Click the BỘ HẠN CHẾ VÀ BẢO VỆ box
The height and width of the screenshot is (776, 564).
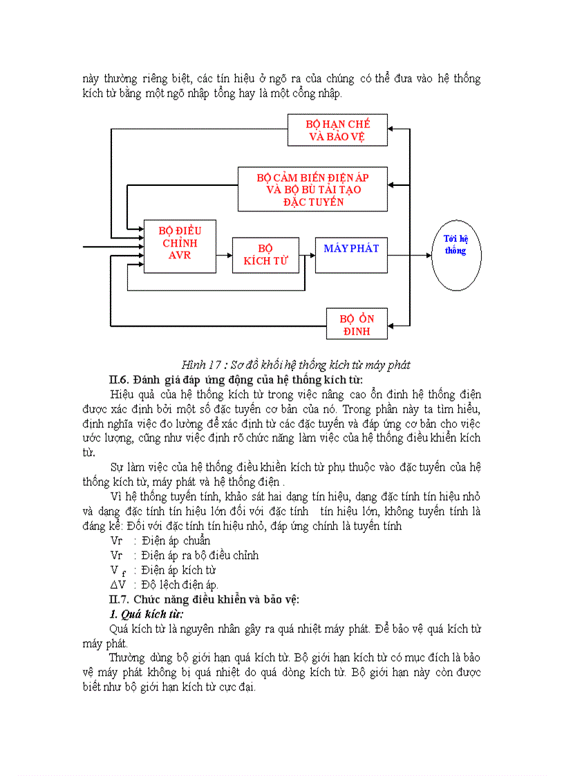click(337, 130)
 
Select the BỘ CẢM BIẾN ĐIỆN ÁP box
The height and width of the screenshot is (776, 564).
click(312, 189)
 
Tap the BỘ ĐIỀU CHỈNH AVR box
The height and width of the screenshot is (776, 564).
click(180, 246)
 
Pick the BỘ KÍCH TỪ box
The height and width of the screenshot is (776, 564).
click(265, 255)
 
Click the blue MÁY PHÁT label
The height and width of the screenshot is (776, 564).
click(351, 248)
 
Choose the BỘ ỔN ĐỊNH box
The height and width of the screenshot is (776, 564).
click(357, 324)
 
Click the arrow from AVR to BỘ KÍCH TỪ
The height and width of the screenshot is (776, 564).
click(224, 256)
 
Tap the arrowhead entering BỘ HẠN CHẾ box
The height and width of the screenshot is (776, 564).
click(392, 129)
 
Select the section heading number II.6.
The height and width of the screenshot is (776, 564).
click(120, 379)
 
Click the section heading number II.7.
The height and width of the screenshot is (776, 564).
click(120, 599)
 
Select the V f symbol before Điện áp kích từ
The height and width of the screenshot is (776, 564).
click(117, 571)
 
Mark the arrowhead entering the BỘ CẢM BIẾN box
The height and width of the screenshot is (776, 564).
click(392, 184)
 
